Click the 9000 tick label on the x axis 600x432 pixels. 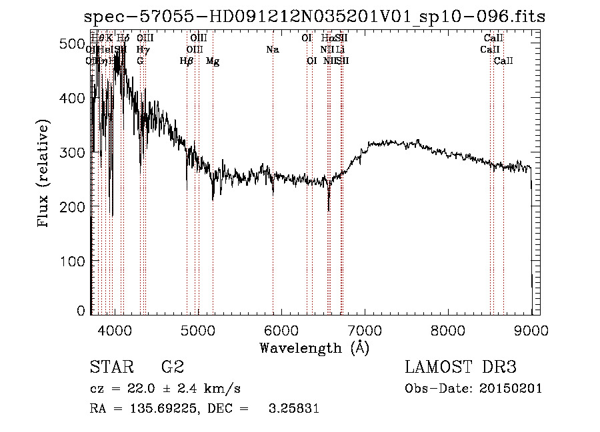[531, 330]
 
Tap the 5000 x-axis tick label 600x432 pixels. [198, 330]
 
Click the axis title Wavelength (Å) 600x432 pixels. [314, 347]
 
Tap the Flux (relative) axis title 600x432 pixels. [44, 174]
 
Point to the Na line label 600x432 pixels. [272, 49]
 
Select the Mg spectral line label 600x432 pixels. [213, 61]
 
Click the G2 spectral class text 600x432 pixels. [172, 367]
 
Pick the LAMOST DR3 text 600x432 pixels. [461, 367]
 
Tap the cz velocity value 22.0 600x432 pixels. [147, 389]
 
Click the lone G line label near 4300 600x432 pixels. [140, 61]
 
